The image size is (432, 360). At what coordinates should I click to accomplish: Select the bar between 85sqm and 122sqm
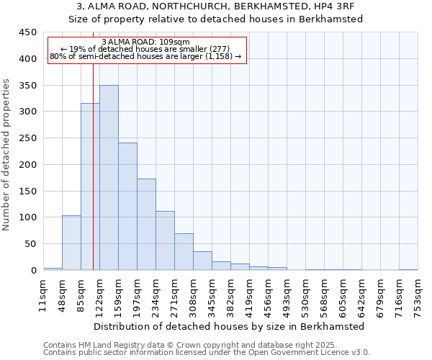(90, 186)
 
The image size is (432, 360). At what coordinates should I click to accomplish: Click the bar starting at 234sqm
(165, 240)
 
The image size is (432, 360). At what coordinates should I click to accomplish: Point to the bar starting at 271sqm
(184, 252)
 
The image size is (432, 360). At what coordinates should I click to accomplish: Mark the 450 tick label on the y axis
(27, 32)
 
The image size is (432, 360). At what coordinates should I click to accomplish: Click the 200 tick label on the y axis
(27, 164)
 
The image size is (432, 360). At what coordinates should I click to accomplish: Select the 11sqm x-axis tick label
(43, 296)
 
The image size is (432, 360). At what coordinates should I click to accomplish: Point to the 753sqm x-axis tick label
(418, 296)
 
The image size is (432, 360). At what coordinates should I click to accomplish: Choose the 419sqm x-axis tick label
(249, 296)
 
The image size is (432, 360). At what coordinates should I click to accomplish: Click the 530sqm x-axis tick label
(305, 296)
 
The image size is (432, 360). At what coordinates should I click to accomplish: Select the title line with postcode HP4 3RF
(215, 6)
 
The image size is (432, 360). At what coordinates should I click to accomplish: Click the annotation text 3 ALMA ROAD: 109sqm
(146, 42)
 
